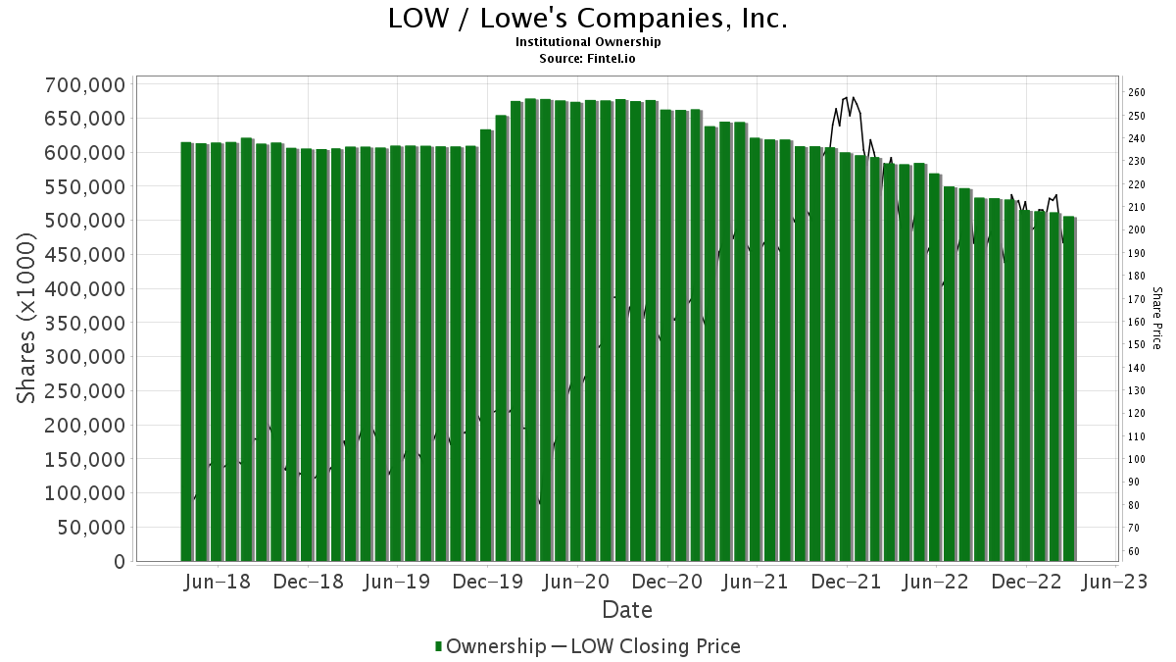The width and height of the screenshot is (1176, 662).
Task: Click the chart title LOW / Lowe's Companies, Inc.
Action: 588,19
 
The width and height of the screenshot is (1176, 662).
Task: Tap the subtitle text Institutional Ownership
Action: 588,42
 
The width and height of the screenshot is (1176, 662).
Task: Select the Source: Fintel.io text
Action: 588,58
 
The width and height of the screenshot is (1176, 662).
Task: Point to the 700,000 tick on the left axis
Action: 85,84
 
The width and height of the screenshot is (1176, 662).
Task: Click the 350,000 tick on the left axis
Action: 85,323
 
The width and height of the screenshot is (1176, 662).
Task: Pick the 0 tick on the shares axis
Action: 119,561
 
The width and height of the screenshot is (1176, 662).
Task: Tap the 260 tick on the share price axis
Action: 1137,92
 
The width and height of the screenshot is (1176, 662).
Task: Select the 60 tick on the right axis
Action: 1134,551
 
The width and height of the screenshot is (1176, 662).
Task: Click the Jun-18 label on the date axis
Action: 217,582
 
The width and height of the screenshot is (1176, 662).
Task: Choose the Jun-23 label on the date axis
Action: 1116,582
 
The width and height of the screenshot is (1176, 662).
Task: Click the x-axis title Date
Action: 627,610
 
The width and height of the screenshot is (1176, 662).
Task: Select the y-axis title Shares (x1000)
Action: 28,323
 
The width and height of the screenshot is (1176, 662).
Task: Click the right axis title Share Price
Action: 1156,318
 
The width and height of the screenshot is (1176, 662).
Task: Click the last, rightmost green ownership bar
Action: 1069,388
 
